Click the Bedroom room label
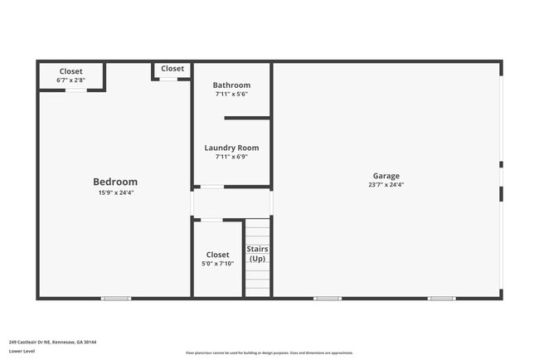pyautogui.click(x=115, y=182)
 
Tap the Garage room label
pyautogui.click(x=386, y=176)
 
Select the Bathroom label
pyautogui.click(x=231, y=85)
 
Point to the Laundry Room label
pyautogui.click(x=231, y=148)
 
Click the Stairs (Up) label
pyautogui.click(x=257, y=254)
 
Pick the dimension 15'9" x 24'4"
pyautogui.click(x=115, y=192)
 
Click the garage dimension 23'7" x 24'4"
pyautogui.click(x=386, y=185)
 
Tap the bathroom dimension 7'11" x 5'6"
pyautogui.click(x=231, y=94)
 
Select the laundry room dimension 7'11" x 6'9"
pyautogui.click(x=231, y=156)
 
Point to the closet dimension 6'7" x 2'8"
pyautogui.click(x=70, y=80)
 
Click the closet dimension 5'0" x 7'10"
pyautogui.click(x=218, y=263)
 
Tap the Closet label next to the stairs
pyautogui.click(x=218, y=255)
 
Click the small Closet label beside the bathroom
pyautogui.click(x=172, y=69)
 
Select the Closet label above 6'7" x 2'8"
pyautogui.click(x=70, y=71)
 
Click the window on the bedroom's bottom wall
pyautogui.click(x=116, y=298)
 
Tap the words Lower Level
pyautogui.click(x=22, y=351)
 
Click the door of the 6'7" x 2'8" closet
pyautogui.click(x=75, y=90)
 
